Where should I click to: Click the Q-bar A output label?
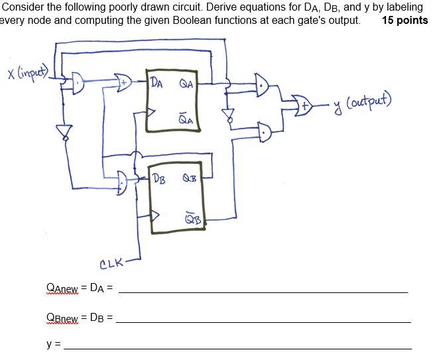click(x=186, y=119)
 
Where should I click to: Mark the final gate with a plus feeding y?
click(x=305, y=104)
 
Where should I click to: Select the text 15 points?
click(x=405, y=19)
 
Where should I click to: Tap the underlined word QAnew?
click(x=62, y=288)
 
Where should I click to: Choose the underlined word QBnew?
click(x=62, y=318)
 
